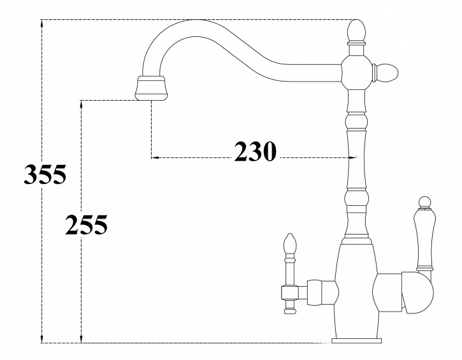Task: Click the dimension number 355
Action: (45, 174)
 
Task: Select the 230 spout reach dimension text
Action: (255, 152)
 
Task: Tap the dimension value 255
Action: (85, 224)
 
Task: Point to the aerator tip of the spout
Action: (151, 90)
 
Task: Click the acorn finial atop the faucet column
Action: (357, 31)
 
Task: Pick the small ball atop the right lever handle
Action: (422, 202)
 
